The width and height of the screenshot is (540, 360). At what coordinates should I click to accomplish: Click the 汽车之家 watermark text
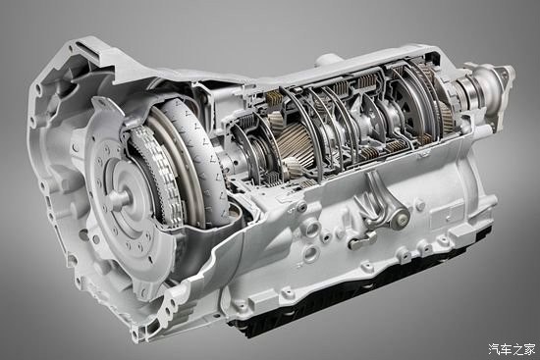click(512, 349)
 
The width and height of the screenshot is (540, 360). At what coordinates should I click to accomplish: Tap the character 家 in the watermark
click(530, 349)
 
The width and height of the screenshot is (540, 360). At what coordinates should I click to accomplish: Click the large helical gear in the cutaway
click(296, 145)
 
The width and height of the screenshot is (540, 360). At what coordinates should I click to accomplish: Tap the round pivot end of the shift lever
click(401, 217)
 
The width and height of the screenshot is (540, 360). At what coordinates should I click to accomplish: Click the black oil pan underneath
click(361, 292)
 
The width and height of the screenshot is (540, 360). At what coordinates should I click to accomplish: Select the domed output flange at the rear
click(490, 86)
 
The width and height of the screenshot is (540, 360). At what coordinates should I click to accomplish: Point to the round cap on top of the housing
click(326, 60)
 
